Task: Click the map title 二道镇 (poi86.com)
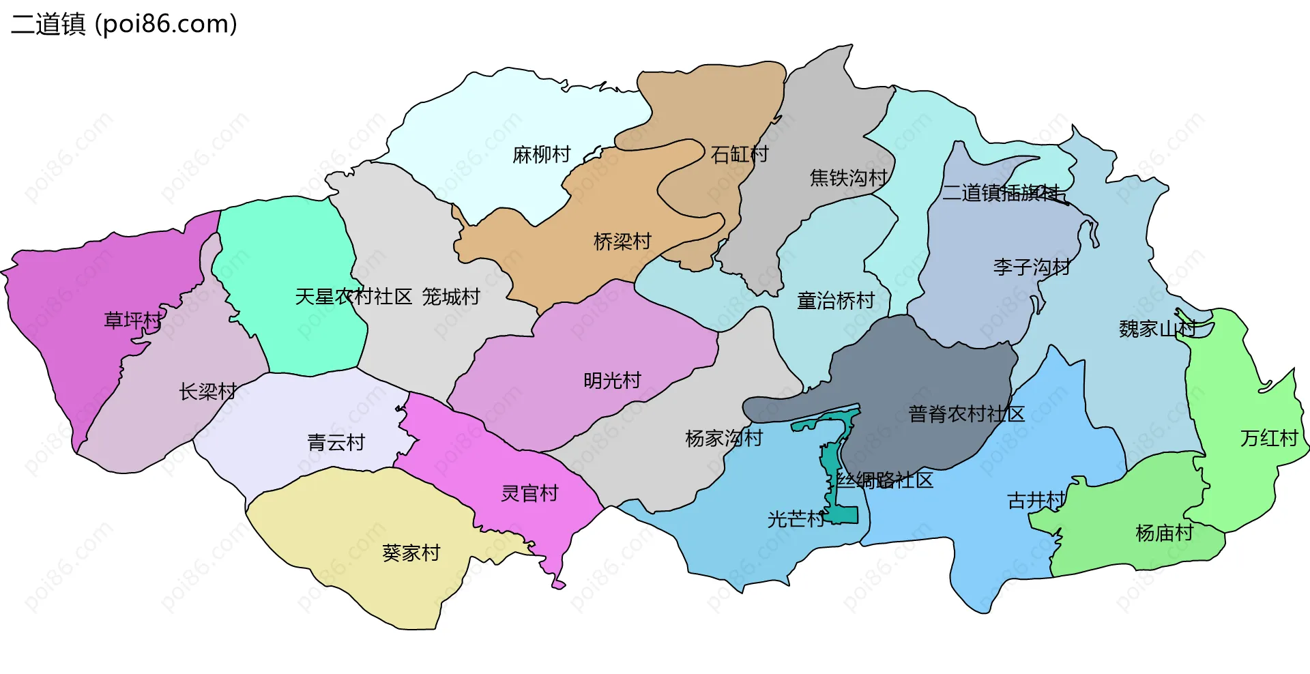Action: [x=124, y=24]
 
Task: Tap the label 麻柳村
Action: [x=541, y=155]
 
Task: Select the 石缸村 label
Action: [x=740, y=154]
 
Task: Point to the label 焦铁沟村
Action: [x=848, y=178]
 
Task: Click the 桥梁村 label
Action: [x=622, y=241]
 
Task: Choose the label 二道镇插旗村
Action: [x=1001, y=193]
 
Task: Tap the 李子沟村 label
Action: [x=1032, y=267]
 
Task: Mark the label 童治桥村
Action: [x=836, y=301]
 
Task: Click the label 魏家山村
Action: [x=1158, y=329]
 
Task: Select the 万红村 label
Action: [x=1268, y=438]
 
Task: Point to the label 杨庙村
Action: [x=1164, y=533]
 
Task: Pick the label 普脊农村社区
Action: [x=966, y=414]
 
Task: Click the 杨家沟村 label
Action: [x=723, y=438]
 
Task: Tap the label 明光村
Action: [x=612, y=381]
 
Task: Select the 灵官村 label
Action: [x=529, y=493]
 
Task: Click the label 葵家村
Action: [x=411, y=553]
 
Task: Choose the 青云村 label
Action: [x=336, y=443]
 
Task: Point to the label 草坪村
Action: [x=133, y=320]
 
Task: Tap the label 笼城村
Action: [x=450, y=297]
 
